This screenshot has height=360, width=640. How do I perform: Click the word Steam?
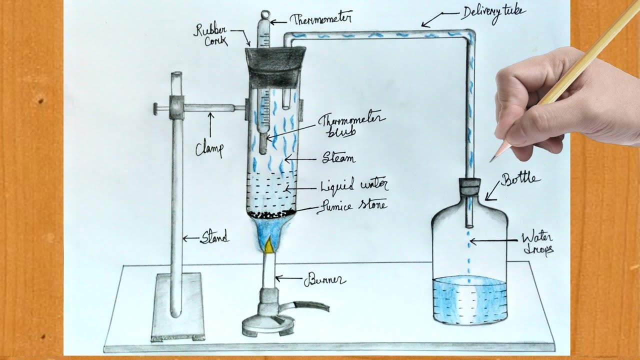pos(339,158)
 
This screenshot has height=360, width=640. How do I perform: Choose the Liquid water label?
pos(354,186)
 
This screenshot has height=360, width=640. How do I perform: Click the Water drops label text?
pos(537,243)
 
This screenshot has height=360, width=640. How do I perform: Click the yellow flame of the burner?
pos(269,245)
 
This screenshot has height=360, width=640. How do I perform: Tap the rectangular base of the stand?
pos(177,307)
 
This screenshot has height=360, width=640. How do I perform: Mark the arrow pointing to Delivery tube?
pos(431,21)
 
